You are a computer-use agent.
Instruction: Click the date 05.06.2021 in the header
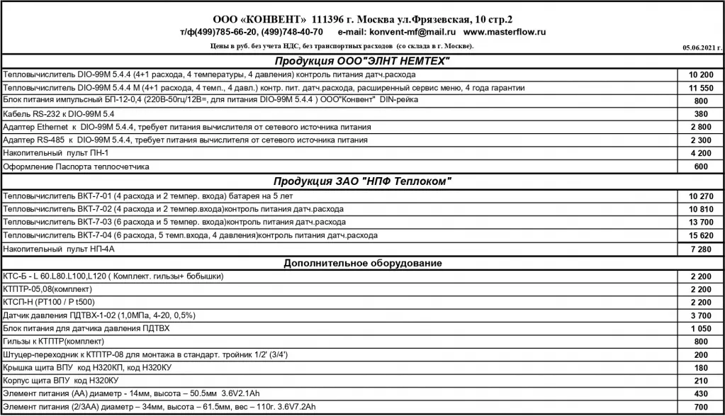pyautogui.click(x=702, y=47)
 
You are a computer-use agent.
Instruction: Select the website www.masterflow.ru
pyautogui.click(x=505, y=33)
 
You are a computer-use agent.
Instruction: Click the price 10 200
pyautogui.click(x=700, y=74)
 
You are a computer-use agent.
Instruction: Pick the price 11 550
pyautogui.click(x=700, y=87)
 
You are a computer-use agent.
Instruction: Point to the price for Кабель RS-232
pyautogui.click(x=701, y=113)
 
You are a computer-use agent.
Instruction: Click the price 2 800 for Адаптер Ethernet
pyautogui.click(x=700, y=127)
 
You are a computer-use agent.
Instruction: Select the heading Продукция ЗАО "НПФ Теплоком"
pyautogui.click(x=362, y=181)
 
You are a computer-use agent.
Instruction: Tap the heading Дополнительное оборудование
pyautogui.click(x=363, y=263)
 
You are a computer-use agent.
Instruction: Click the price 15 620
pyautogui.click(x=700, y=235)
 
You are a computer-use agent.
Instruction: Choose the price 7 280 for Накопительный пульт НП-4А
pyautogui.click(x=700, y=249)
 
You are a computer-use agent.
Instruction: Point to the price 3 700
pyautogui.click(x=700, y=315)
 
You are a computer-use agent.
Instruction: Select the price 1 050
pyautogui.click(x=700, y=329)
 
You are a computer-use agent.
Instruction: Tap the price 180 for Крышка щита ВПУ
pyautogui.click(x=701, y=368)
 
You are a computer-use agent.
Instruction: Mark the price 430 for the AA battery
pyautogui.click(x=701, y=394)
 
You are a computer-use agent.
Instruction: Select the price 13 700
pyautogui.click(x=700, y=223)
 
